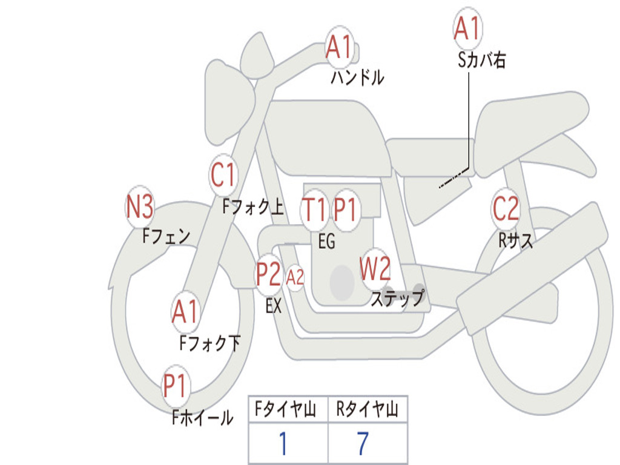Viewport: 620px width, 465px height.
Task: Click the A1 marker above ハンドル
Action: pos(339,47)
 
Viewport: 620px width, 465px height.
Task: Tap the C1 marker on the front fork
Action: pos(223,175)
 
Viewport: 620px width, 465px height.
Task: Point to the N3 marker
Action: pos(140,207)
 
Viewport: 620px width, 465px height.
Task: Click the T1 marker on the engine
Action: pos(314,209)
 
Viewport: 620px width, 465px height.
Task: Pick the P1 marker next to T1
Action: pos(346,209)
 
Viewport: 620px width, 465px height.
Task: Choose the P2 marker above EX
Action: pos(269,274)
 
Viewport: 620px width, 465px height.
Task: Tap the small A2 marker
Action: pos(295,277)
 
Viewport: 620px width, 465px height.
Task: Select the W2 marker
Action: pos(375,268)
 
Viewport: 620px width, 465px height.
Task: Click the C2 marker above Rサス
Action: pos(506,208)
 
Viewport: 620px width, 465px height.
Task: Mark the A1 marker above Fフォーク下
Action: pos(185,312)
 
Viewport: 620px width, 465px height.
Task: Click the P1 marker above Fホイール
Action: pos(175,385)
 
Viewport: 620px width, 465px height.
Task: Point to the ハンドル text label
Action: pos(357,77)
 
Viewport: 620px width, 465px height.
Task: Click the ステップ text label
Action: pos(398,298)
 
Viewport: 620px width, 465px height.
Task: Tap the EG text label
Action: pos(326,241)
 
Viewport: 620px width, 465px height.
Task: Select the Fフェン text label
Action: pos(166,236)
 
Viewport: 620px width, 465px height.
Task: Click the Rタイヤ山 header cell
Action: pos(368,409)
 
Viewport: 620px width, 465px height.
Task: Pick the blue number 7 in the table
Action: pos(363,443)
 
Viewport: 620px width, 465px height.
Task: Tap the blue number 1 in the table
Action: pos(283,443)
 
